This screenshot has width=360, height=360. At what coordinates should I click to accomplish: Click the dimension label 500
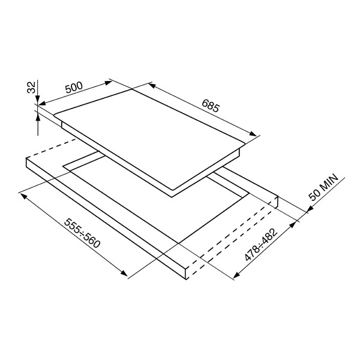74,87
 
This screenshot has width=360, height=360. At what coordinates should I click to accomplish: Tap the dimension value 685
211,106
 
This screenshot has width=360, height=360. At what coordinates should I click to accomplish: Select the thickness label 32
32,87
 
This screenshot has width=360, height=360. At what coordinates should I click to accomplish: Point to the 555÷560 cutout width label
82,233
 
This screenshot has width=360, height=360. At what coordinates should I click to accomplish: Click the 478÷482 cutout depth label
261,244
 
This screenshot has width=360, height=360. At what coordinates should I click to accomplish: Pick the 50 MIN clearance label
323,187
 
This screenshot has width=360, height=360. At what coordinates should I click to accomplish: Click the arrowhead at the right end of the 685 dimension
253,134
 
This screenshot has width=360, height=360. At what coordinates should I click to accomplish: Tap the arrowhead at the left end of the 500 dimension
43,103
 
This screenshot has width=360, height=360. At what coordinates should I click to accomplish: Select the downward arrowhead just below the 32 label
38,100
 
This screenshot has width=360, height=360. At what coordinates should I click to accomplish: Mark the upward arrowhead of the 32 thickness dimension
38,118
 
